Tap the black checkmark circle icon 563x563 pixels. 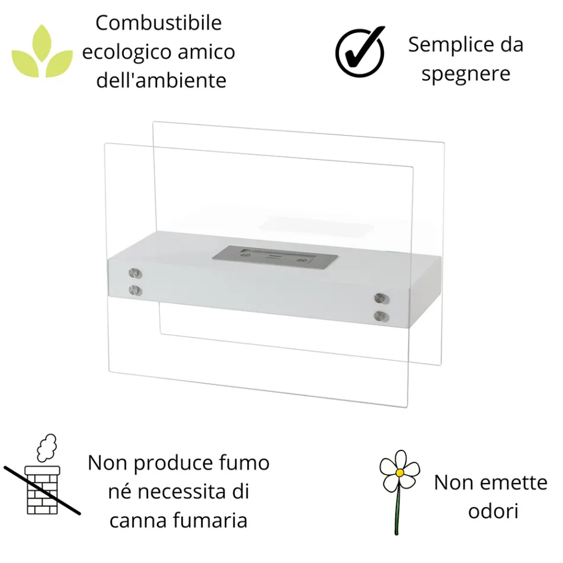click(x=360, y=52)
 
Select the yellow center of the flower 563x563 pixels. click(x=400, y=472)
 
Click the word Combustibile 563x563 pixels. click(x=158, y=24)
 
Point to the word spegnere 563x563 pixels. click(x=466, y=75)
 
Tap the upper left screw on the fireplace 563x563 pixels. click(x=136, y=274)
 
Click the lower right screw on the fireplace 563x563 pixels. click(x=380, y=315)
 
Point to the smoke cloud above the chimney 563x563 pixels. click(x=46, y=448)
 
